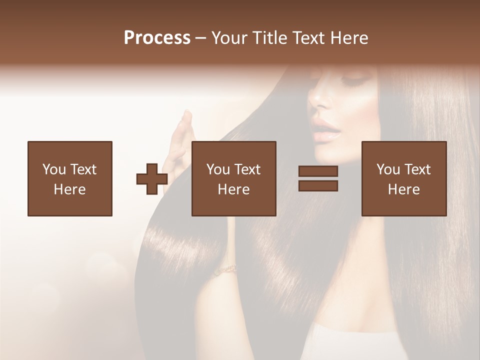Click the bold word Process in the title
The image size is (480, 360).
[x=157, y=37]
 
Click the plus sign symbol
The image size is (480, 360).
[x=152, y=179]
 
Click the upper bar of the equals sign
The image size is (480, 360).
[x=318, y=171]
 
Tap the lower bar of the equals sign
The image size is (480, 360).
[x=318, y=186]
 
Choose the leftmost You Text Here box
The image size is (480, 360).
[x=69, y=178]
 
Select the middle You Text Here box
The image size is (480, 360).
[x=233, y=178]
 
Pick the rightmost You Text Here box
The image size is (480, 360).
[x=404, y=178]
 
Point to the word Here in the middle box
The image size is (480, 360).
[x=233, y=189]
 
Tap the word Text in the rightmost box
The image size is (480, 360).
[x=416, y=169]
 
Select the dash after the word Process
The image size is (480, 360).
[x=201, y=37]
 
